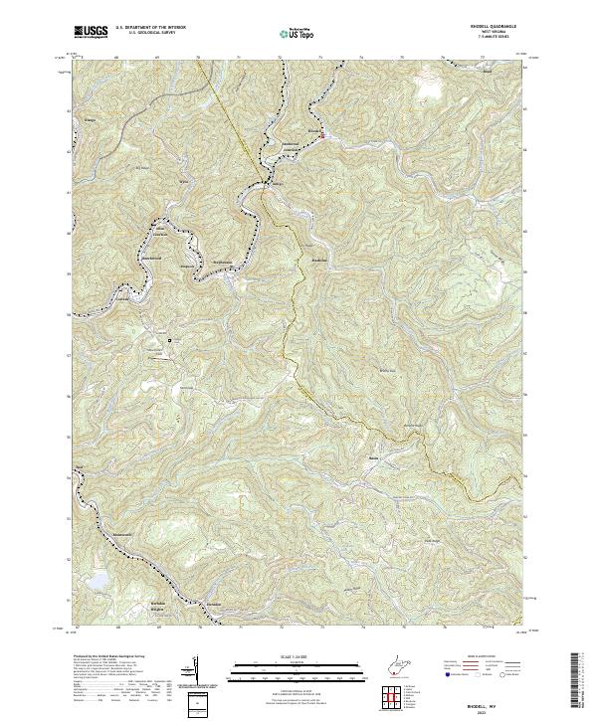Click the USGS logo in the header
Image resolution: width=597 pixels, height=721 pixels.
pos(91,32)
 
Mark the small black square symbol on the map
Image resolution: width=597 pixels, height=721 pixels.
pos(170,340)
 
